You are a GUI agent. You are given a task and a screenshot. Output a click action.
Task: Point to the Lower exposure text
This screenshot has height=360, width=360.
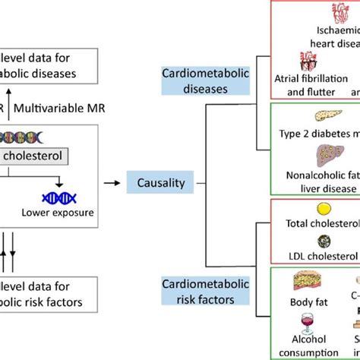(68, 213)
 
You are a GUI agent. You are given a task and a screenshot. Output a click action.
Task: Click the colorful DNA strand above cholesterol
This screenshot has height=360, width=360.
(26, 138)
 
